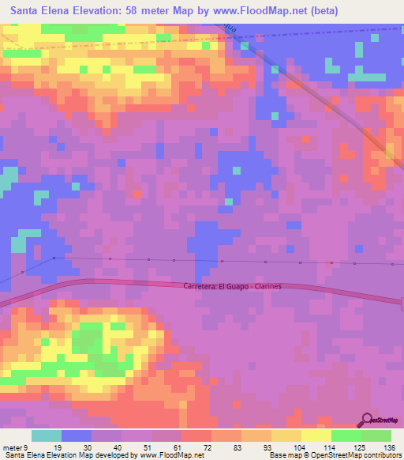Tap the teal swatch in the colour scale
(47, 435)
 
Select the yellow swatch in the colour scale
(316, 435)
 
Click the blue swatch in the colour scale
(77, 435)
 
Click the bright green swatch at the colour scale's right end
(376, 435)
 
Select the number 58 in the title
(133, 11)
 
